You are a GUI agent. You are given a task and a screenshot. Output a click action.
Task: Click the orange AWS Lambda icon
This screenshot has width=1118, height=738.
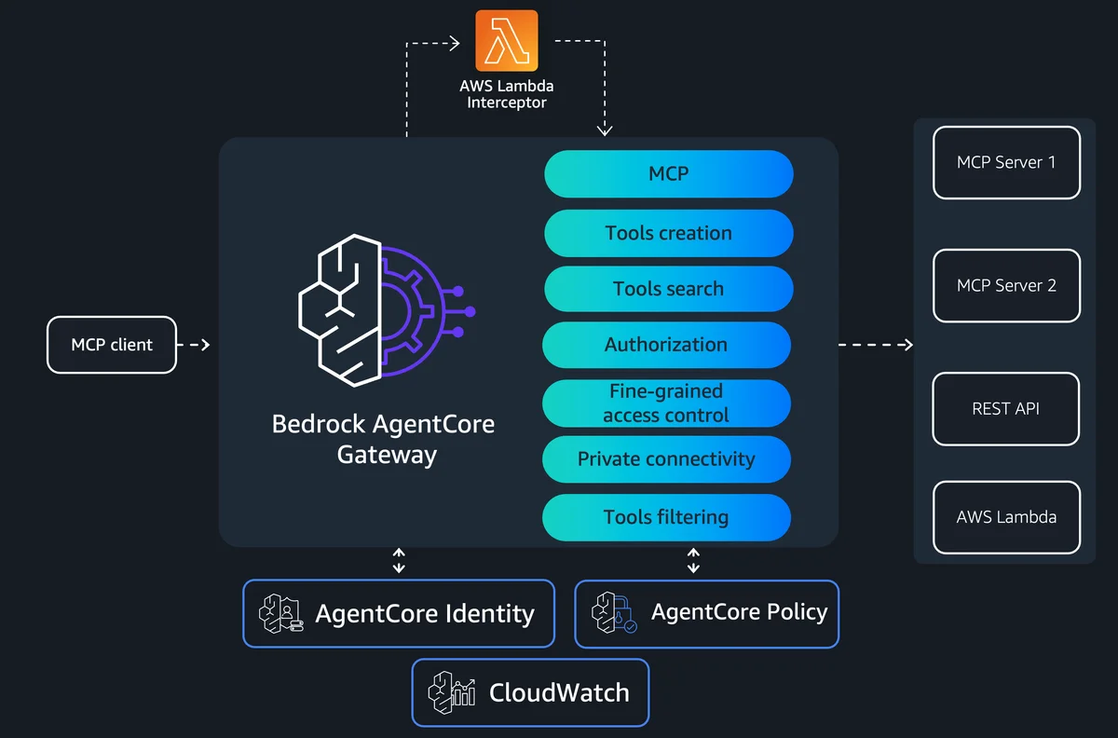pyautogui.click(x=507, y=40)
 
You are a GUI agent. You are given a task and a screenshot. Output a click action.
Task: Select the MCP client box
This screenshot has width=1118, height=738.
pyautogui.click(x=112, y=345)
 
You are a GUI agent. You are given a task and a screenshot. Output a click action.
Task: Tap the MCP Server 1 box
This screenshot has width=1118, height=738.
pyautogui.click(x=1006, y=162)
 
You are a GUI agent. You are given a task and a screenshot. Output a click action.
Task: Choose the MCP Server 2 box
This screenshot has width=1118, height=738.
pyautogui.click(x=1006, y=286)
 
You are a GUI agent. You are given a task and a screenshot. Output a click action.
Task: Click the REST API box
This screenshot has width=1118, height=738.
pyautogui.click(x=1005, y=409)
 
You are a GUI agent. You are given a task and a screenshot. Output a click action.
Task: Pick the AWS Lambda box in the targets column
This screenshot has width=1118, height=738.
pyautogui.click(x=1006, y=517)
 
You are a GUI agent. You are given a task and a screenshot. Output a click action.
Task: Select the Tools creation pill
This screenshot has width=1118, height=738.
pyautogui.click(x=668, y=233)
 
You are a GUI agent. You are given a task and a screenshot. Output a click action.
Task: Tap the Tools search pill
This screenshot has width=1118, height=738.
pyautogui.click(x=668, y=289)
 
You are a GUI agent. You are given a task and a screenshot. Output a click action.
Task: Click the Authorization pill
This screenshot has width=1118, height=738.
pyautogui.click(x=666, y=345)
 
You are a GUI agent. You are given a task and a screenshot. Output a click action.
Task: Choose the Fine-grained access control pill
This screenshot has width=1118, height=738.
pyautogui.click(x=666, y=403)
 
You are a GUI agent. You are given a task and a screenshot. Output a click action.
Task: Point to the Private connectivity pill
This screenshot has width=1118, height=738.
pyautogui.click(x=666, y=458)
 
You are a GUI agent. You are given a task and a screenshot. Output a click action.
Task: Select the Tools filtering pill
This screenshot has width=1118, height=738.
pyautogui.click(x=666, y=517)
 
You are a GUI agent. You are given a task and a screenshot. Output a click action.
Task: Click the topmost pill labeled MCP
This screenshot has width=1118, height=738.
pyautogui.click(x=668, y=173)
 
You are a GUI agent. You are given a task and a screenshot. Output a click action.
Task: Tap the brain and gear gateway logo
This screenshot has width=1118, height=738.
pyautogui.click(x=387, y=310)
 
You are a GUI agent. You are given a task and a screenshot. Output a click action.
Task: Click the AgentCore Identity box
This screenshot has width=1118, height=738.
pyautogui.click(x=399, y=613)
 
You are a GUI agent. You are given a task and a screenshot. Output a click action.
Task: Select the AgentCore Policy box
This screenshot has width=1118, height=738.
pyautogui.click(x=707, y=614)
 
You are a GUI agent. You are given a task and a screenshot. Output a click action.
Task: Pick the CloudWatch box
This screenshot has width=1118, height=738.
pyautogui.click(x=530, y=692)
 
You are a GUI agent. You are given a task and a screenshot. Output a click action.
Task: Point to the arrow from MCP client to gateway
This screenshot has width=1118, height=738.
pyautogui.click(x=194, y=345)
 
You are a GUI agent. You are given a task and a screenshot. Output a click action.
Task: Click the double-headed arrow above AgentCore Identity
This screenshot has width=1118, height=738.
pyautogui.click(x=399, y=560)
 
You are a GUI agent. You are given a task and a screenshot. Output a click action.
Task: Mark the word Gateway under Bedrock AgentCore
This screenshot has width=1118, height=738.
pyautogui.click(x=387, y=455)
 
